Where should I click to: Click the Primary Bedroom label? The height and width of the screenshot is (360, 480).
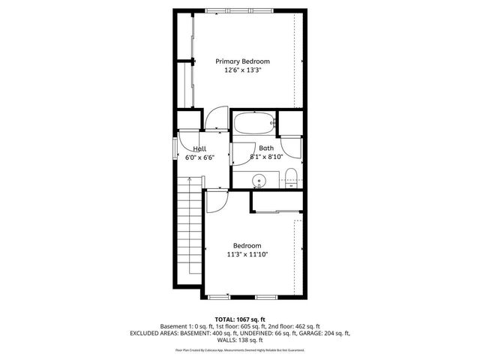[x=242, y=61]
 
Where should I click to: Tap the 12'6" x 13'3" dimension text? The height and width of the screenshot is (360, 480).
[x=242, y=70]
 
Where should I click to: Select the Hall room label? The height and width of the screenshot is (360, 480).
[x=199, y=149]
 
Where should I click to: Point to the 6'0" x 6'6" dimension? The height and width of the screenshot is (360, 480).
[x=199, y=158]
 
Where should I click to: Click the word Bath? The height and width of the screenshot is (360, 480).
[x=266, y=148]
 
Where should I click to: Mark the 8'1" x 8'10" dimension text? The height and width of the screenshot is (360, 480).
[x=266, y=157]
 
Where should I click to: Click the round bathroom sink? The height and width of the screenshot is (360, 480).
[x=258, y=180]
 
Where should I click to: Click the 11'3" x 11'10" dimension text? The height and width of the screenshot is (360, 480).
[x=247, y=255]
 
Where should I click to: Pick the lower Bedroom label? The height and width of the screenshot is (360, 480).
[x=247, y=246]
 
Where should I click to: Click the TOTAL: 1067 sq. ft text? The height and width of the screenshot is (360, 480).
[x=239, y=319]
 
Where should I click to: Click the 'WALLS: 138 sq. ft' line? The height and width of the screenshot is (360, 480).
[x=240, y=340]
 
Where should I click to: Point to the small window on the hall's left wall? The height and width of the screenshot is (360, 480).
[x=175, y=151]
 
